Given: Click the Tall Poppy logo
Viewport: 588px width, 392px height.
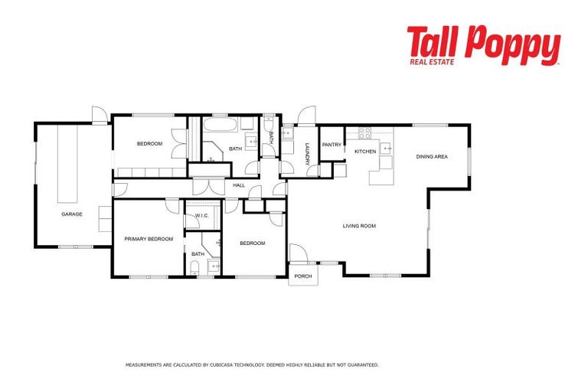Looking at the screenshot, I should click(x=483, y=45).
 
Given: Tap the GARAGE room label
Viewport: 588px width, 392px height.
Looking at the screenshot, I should click(x=72, y=214).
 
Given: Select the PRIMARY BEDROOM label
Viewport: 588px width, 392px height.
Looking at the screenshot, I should click(x=149, y=239).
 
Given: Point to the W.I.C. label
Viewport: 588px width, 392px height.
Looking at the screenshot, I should click(x=201, y=215).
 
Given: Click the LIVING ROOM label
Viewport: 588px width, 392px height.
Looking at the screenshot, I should click(x=359, y=226).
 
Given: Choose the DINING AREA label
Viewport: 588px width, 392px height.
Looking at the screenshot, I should click(x=432, y=157).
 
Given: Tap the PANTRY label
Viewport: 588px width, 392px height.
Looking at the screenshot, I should click(x=332, y=145).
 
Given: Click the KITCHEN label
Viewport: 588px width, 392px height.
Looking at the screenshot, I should click(x=365, y=152).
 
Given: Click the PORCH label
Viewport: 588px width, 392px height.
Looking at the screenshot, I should click(x=303, y=276).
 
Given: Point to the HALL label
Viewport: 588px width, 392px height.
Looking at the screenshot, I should click(x=239, y=185).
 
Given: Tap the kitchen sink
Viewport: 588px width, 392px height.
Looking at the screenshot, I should click(x=387, y=148).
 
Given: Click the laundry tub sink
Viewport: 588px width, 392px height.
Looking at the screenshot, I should click(x=286, y=134).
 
